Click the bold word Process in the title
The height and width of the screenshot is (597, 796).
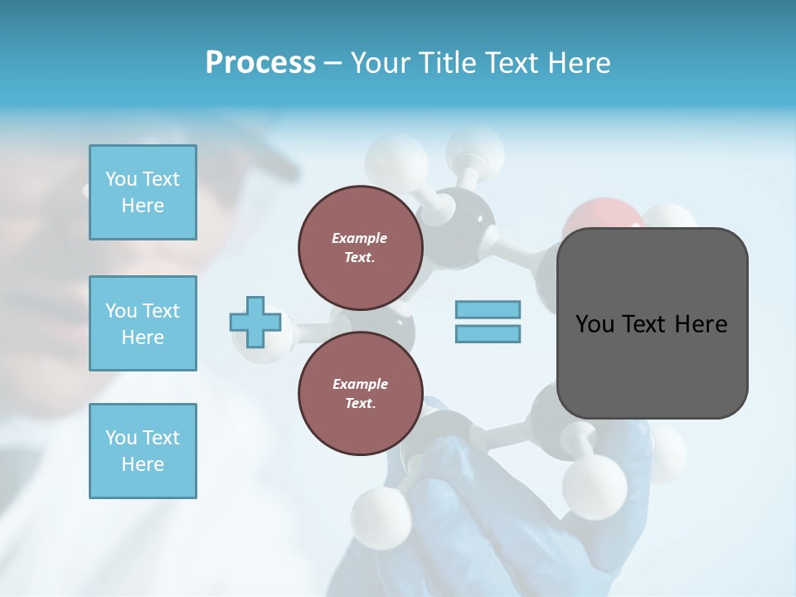260,63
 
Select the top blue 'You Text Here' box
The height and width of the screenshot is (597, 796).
143,192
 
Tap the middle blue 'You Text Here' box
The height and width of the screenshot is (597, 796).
143,323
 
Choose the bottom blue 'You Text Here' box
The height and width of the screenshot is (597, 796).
143,451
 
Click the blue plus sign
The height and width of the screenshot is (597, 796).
255,322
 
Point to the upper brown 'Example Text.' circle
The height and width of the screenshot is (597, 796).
360,248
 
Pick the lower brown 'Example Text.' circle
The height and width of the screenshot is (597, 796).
360,394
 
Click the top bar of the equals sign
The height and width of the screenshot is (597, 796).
488,309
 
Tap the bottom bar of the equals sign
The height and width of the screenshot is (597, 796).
488,333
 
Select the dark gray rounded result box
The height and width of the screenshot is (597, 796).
652,323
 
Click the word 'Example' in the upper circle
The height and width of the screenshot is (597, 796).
360,238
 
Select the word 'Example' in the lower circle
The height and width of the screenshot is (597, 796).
360,384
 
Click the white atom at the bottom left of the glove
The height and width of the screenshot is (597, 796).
383,511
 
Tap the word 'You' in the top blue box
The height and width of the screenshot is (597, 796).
121,179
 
